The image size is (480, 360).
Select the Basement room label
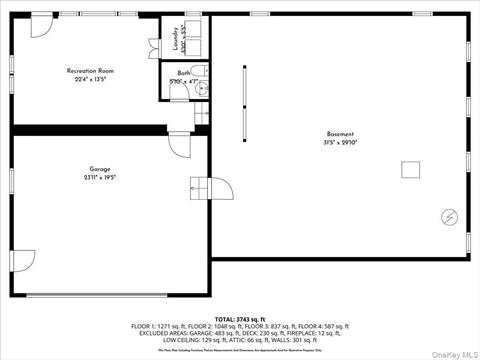[x=340, y=134]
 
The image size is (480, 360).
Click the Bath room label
[x=184, y=73]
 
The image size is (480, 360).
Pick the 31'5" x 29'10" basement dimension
[x=340, y=142]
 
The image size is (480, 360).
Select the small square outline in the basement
[x=410, y=170]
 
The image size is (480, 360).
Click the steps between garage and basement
[x=200, y=186]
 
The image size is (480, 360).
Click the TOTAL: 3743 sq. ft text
[x=240, y=317]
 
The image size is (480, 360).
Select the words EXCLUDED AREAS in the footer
[x=159, y=334]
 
